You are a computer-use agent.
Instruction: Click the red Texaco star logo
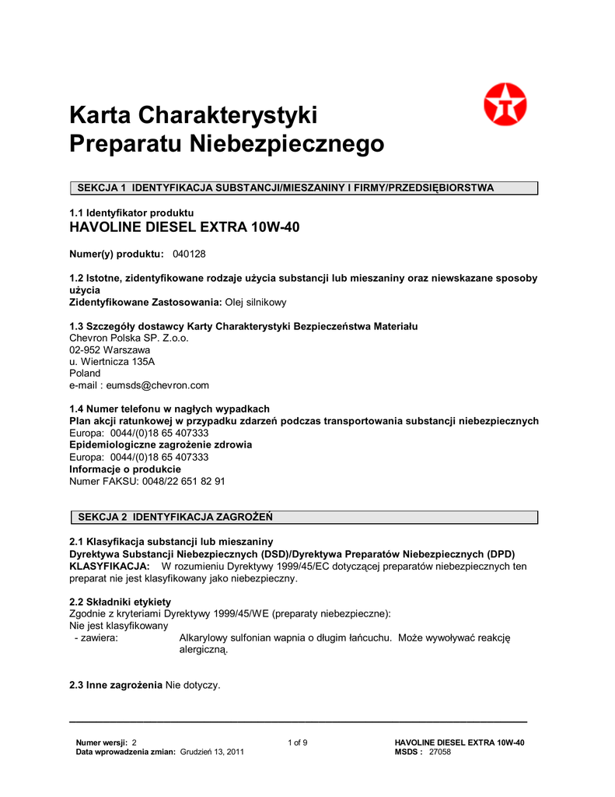(x=505, y=105)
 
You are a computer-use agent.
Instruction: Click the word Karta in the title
(x=101, y=116)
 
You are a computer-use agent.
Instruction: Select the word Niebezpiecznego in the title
(x=288, y=144)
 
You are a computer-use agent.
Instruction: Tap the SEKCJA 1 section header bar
(x=304, y=188)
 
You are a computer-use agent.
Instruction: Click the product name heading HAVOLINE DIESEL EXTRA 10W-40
(x=184, y=227)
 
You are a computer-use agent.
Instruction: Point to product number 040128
(x=189, y=255)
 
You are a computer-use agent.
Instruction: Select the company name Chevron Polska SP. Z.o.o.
(x=129, y=339)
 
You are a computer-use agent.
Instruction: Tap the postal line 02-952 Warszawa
(x=110, y=350)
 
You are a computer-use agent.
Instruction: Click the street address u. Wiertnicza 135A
(x=112, y=362)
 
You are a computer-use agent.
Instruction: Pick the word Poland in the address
(x=85, y=374)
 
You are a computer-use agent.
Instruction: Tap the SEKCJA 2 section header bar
(x=304, y=517)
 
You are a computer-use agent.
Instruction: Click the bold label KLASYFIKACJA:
(x=110, y=566)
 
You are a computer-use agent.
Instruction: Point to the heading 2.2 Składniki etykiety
(x=121, y=602)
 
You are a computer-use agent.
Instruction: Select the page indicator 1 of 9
(x=298, y=743)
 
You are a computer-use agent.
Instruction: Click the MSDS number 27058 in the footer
(x=440, y=752)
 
